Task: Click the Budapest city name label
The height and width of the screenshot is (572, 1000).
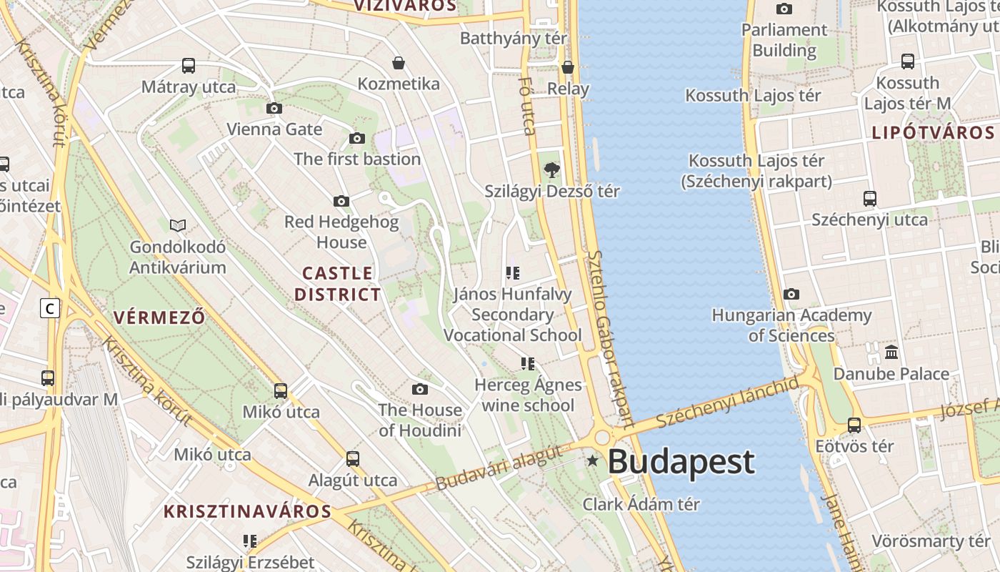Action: click(681, 461)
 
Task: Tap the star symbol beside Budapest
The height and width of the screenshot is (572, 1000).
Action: click(592, 461)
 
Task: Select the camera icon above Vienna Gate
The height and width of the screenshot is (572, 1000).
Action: click(274, 109)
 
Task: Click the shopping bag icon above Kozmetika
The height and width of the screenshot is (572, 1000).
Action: click(399, 64)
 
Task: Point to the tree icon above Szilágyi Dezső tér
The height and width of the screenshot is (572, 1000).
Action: click(551, 170)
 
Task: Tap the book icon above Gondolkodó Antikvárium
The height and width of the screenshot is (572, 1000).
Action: click(178, 226)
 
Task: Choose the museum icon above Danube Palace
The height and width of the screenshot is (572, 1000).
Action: click(891, 352)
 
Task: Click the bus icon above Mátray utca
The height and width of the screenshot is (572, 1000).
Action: click(189, 66)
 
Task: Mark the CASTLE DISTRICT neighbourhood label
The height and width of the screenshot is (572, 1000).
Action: click(337, 284)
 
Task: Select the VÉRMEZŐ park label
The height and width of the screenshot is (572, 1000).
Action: click(159, 317)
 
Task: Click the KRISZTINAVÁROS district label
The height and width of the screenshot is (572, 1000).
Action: click(248, 511)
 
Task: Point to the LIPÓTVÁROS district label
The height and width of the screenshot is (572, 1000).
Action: click(933, 133)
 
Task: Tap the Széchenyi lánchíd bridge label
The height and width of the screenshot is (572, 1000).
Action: click(728, 403)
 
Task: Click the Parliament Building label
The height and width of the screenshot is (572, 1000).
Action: click(784, 40)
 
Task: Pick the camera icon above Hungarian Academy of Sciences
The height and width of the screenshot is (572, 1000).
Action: click(791, 295)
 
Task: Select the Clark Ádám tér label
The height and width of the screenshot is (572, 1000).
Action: click(641, 504)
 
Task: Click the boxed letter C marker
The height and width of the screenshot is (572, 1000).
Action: click(49, 309)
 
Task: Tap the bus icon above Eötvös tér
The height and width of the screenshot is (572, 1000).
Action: click(854, 425)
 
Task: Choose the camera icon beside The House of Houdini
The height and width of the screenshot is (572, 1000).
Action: click(420, 389)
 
